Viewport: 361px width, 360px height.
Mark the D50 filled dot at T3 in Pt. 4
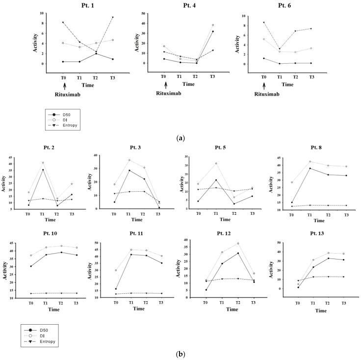coord(212,31)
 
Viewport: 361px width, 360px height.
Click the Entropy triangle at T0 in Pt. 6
coord(264,22)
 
